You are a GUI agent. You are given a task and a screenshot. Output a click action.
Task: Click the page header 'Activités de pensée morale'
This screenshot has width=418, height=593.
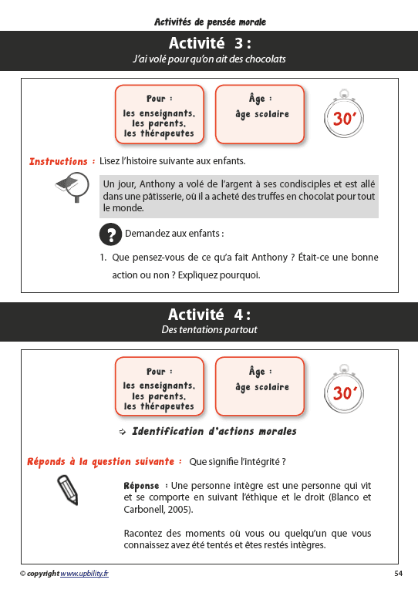click(x=210, y=21)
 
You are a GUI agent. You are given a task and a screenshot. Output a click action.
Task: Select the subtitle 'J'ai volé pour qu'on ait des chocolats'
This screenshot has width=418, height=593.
click(x=210, y=59)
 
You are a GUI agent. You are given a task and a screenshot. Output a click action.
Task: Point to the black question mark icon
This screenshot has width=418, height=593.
click(x=111, y=234)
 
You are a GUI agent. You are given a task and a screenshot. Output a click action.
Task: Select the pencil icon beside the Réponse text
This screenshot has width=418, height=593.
click(x=69, y=490)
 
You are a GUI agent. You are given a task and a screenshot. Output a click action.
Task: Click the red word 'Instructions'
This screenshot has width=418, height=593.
click(x=58, y=162)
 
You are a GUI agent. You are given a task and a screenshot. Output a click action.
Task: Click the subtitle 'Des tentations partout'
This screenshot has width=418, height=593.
click(x=210, y=330)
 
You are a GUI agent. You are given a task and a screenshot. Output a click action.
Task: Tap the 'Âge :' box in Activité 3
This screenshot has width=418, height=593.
click(x=261, y=113)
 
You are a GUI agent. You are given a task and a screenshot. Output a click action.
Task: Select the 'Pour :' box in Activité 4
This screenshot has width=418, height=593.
click(x=160, y=386)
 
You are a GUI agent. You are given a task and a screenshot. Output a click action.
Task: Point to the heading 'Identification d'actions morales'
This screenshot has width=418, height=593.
click(x=214, y=431)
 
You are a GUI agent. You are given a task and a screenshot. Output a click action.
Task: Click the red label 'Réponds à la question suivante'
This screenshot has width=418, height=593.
click(x=100, y=462)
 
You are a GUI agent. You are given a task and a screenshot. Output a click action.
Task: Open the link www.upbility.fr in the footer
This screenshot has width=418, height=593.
click(x=84, y=574)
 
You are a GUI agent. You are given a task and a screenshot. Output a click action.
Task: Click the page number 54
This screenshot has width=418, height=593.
click(x=398, y=574)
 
